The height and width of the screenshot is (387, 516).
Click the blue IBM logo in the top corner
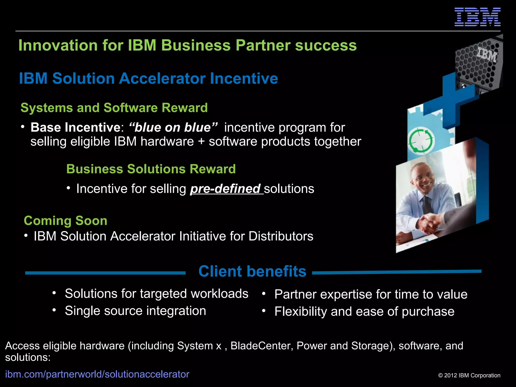pyautogui.click(x=477, y=17)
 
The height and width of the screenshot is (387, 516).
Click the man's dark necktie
pyautogui.click(x=427, y=204)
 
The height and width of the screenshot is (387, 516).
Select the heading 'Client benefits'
pyautogui.click(x=252, y=271)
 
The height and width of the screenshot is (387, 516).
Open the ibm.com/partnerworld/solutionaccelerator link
pyautogui.click(x=97, y=374)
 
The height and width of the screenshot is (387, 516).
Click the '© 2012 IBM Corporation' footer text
pyautogui.click(x=469, y=375)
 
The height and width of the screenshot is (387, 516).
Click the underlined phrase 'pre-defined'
pyautogui.click(x=225, y=189)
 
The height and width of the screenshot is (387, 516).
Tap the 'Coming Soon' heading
pyautogui.click(x=66, y=221)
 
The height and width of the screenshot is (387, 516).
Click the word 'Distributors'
pyautogui.click(x=281, y=236)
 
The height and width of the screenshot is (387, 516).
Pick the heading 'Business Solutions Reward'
pyautogui.click(x=151, y=169)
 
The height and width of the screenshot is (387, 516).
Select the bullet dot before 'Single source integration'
pyautogui.click(x=54, y=310)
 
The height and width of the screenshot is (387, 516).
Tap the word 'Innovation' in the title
pyautogui.click(x=58, y=45)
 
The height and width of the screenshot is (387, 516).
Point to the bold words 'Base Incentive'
pyautogui.click(x=76, y=127)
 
